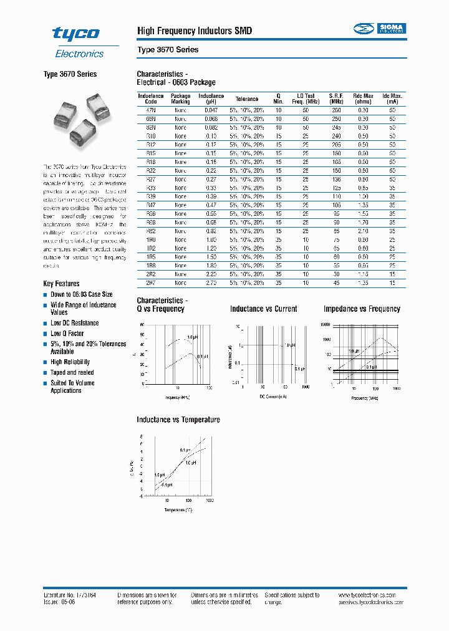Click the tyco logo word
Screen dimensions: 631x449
75,34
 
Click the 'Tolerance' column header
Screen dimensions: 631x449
246,99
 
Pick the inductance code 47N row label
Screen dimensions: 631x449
150,110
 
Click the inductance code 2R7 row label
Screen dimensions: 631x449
150,282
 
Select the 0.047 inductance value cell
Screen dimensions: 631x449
211,110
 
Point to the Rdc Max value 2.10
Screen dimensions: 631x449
364,231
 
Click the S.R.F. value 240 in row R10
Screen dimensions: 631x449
337,136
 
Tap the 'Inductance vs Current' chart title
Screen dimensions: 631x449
263,309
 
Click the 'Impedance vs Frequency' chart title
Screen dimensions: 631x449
362,309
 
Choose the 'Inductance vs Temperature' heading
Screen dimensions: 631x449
178,420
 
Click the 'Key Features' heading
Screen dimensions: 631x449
61,284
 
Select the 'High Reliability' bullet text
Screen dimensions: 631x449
70,362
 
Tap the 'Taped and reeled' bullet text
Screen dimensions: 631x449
72,373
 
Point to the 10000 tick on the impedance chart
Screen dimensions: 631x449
324,325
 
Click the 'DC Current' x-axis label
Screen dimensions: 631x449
273,397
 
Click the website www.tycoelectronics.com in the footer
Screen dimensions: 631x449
372,596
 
